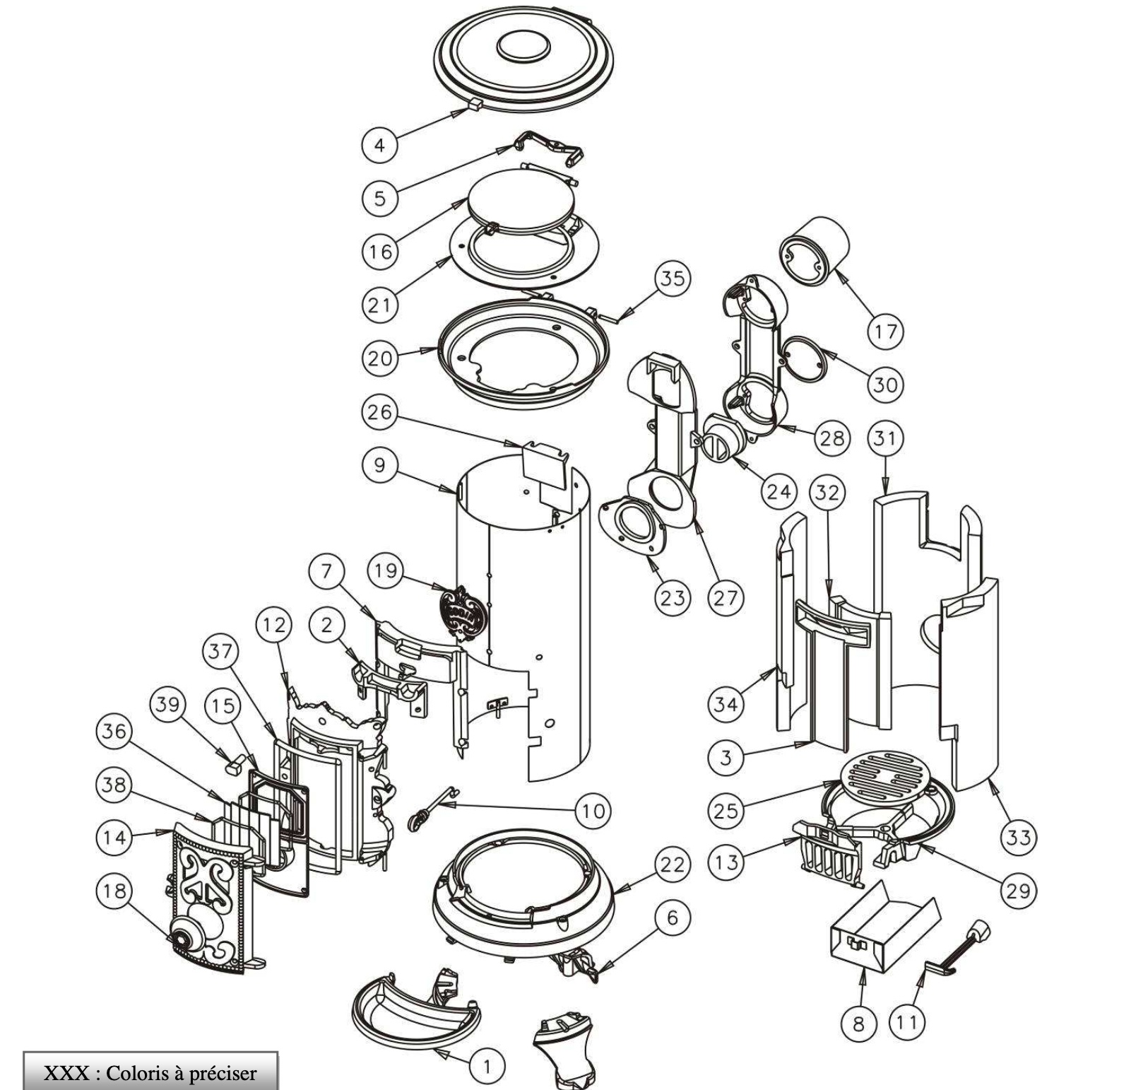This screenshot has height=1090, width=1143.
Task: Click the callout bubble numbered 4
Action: (x=379, y=146)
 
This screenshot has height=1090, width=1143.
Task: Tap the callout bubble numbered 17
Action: (x=885, y=331)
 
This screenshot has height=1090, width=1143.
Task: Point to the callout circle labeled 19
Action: (x=386, y=570)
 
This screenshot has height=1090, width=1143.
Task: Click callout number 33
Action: (x=1018, y=838)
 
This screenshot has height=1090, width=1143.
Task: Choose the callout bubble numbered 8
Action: (x=858, y=1023)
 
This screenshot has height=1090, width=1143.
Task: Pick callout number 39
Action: (x=168, y=705)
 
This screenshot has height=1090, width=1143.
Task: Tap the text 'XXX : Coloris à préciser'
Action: (x=150, y=1073)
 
